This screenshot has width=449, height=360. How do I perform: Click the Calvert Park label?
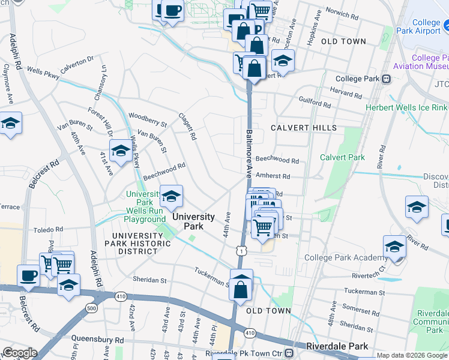click(x=342, y=157)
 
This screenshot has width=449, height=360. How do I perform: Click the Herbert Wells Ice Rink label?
click(x=406, y=107)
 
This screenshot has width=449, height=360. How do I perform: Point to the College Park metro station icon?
click(x=387, y=79)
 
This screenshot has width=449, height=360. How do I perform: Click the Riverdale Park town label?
click(x=336, y=346)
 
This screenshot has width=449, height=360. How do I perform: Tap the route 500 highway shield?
click(x=91, y=308)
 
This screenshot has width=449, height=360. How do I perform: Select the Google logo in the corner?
click(x=20, y=352)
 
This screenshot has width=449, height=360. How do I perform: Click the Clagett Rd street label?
click(x=187, y=127)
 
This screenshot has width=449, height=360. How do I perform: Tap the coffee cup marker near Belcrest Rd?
click(x=28, y=275)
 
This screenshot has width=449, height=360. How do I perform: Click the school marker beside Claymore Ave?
click(x=10, y=123)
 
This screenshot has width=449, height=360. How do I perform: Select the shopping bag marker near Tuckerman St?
click(x=241, y=289)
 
